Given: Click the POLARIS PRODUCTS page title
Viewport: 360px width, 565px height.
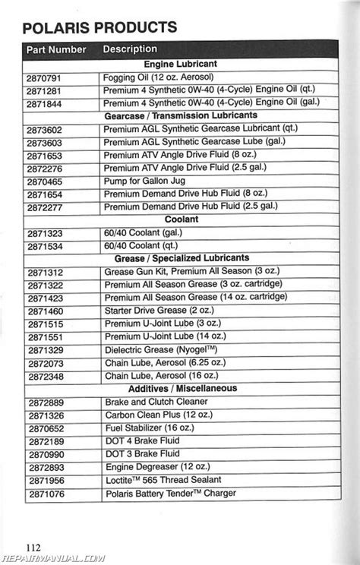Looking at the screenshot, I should tap(100, 27).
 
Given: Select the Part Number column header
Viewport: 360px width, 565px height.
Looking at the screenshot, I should tap(57, 49).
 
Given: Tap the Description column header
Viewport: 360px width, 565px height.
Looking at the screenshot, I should tap(130, 49).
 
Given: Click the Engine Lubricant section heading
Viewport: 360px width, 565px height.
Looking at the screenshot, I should tap(180, 64).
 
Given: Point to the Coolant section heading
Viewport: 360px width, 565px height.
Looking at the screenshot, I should tap(181, 219).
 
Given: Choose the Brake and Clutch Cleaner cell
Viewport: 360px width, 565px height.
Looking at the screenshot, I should tap(156, 401).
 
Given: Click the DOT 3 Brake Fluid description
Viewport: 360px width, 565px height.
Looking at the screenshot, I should tap(141, 453).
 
